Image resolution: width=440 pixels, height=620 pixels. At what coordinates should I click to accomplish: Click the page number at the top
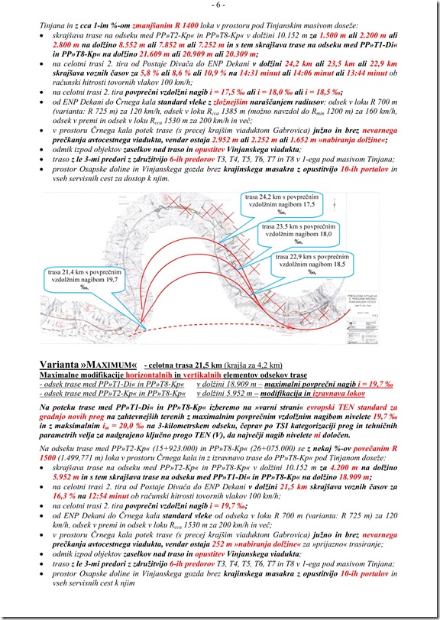coord(219,5)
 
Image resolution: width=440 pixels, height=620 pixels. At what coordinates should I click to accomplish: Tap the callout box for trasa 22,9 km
coord(309,268)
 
